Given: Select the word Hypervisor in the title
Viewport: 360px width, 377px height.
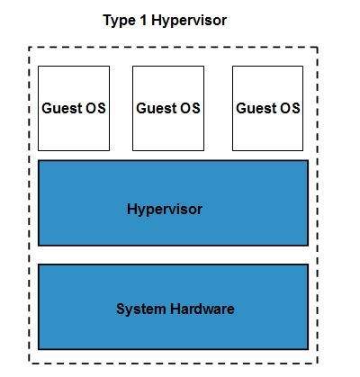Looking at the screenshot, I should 188,21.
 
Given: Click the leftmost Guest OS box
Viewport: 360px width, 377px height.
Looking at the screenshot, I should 73,108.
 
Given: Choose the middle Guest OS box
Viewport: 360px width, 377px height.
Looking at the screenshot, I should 168,108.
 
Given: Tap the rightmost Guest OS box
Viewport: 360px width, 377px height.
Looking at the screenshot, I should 267,108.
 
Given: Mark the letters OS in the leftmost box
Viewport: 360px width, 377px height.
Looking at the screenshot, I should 94,108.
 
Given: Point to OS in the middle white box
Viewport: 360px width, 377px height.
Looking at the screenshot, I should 190,108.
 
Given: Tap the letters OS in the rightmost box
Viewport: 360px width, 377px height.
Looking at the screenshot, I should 289,108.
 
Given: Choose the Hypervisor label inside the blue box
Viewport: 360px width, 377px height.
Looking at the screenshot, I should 165,210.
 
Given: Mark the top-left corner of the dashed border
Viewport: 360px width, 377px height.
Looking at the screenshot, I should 30,48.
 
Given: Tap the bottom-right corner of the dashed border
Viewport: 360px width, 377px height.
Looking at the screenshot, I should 317,363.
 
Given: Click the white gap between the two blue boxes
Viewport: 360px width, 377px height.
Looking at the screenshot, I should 173,255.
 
